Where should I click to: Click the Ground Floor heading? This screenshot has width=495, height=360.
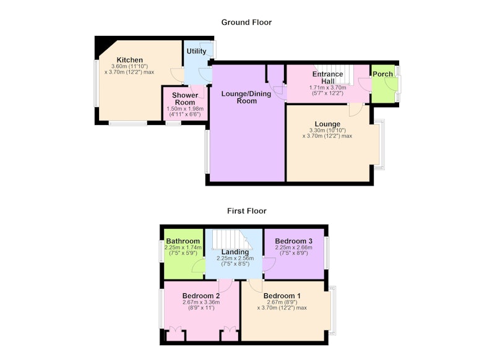pos(246,22)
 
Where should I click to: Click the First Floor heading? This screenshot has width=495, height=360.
pos(246,211)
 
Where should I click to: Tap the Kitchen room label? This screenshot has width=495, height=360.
pos(130,60)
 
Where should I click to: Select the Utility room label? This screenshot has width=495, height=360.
pos(196,51)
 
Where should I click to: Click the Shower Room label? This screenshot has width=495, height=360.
pos(185,99)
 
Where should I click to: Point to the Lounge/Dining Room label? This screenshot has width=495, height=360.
pos(246,97)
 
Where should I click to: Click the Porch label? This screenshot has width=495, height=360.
pos(382,74)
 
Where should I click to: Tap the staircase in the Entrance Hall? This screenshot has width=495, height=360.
pos(334,75)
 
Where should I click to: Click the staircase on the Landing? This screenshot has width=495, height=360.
pos(233,239)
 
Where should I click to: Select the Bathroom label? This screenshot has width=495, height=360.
pos(183,241)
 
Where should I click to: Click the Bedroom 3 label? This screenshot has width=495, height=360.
pos(293,241)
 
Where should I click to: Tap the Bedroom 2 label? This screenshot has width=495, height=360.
pos(201,296)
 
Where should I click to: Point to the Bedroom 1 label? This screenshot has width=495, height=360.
pos(282,296)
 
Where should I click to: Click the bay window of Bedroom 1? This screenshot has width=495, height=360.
pos(333,311)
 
